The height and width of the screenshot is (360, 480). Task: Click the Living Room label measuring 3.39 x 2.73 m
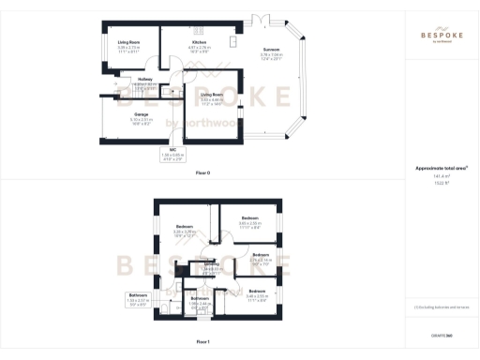128,43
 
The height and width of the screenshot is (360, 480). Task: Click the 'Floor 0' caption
202,173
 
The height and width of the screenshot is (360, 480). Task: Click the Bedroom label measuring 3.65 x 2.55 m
248,221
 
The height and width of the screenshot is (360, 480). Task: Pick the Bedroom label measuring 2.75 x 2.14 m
260,256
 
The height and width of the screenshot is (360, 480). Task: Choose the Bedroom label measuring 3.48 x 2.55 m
257,293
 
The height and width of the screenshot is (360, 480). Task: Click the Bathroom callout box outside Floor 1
138,299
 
